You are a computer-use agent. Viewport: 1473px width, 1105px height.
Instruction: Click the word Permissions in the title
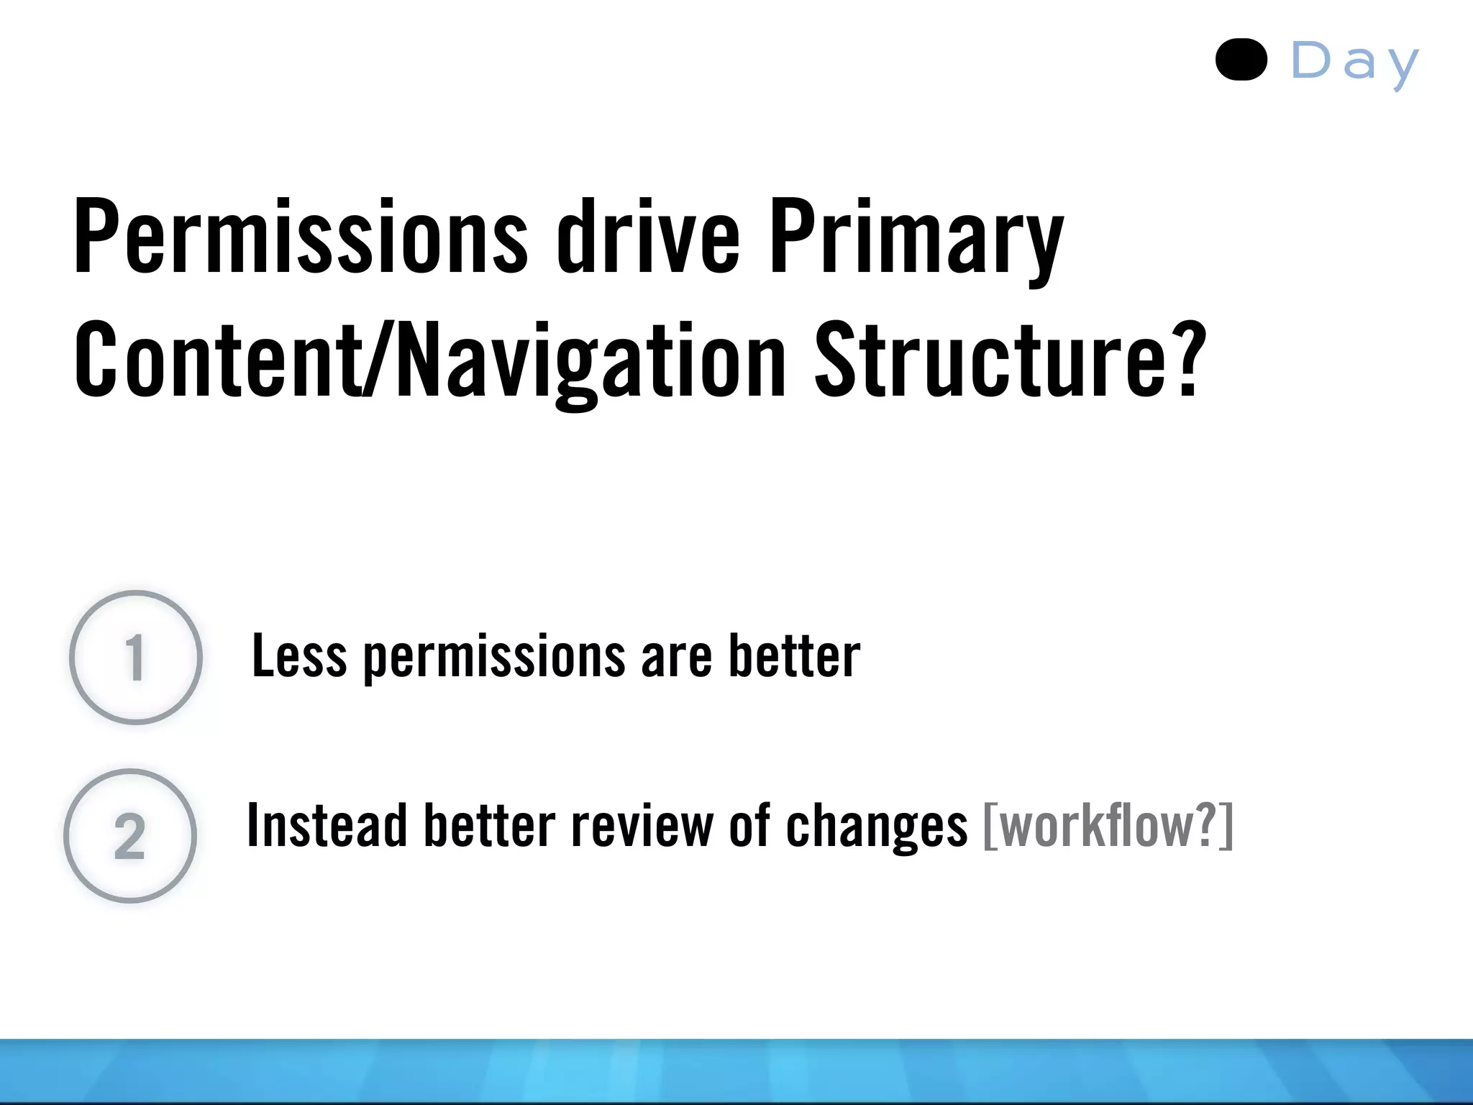(x=301, y=237)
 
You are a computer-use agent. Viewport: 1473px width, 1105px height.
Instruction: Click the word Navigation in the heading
(x=591, y=361)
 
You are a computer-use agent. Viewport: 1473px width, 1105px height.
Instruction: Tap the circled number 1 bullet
(x=136, y=657)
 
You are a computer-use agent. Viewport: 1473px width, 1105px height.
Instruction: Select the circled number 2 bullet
(x=130, y=835)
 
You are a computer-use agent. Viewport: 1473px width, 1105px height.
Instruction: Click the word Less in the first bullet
(x=298, y=656)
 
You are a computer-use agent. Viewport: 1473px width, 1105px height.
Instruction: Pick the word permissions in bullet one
(x=494, y=658)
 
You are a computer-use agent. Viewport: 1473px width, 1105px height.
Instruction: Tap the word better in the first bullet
(x=794, y=656)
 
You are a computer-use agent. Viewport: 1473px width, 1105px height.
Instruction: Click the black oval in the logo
(x=1241, y=60)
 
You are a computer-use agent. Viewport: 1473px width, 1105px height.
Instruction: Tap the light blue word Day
(x=1355, y=63)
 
